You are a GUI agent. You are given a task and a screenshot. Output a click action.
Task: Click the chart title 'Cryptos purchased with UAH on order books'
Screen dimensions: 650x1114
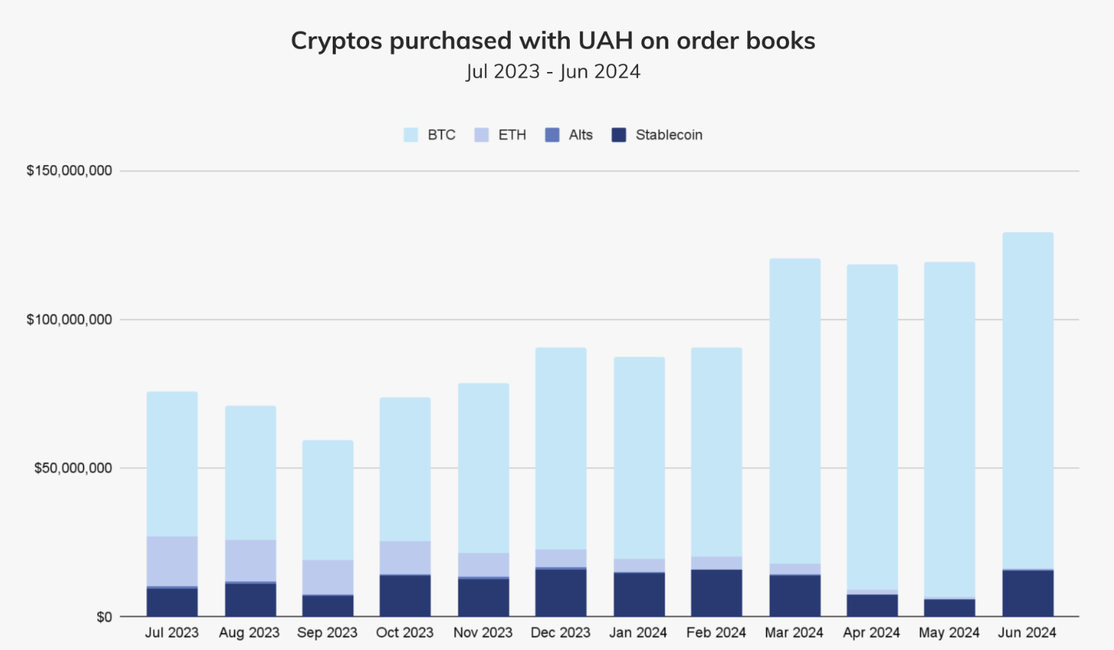552,40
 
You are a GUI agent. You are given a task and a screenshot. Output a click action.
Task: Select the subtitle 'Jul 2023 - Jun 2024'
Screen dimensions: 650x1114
552,72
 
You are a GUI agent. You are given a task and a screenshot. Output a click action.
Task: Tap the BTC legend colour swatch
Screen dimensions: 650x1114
411,135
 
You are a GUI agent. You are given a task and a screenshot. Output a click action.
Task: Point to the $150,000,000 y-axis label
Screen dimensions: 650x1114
69,170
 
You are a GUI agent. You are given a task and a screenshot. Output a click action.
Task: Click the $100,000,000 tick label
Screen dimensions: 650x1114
69,320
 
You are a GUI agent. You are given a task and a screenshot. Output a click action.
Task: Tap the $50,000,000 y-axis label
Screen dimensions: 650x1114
73,468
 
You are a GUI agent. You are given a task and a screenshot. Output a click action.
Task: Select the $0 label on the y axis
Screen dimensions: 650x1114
104,617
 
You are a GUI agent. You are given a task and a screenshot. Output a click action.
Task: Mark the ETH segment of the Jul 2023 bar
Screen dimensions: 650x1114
172,561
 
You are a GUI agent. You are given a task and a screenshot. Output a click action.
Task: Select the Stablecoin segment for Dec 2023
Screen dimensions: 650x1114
561,592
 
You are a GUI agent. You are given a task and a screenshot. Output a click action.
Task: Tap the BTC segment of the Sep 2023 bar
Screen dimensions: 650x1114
327,500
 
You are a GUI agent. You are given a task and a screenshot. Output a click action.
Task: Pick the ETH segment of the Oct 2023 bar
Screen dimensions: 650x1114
405,558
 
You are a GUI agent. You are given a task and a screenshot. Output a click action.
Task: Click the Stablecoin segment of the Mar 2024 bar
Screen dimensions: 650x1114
795,595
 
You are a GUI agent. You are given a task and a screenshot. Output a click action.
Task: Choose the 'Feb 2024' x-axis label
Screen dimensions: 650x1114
716,633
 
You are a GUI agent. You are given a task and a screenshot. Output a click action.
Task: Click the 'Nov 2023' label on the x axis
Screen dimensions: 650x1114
483,633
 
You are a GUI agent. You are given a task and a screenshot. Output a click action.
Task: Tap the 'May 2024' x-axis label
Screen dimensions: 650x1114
949,633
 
